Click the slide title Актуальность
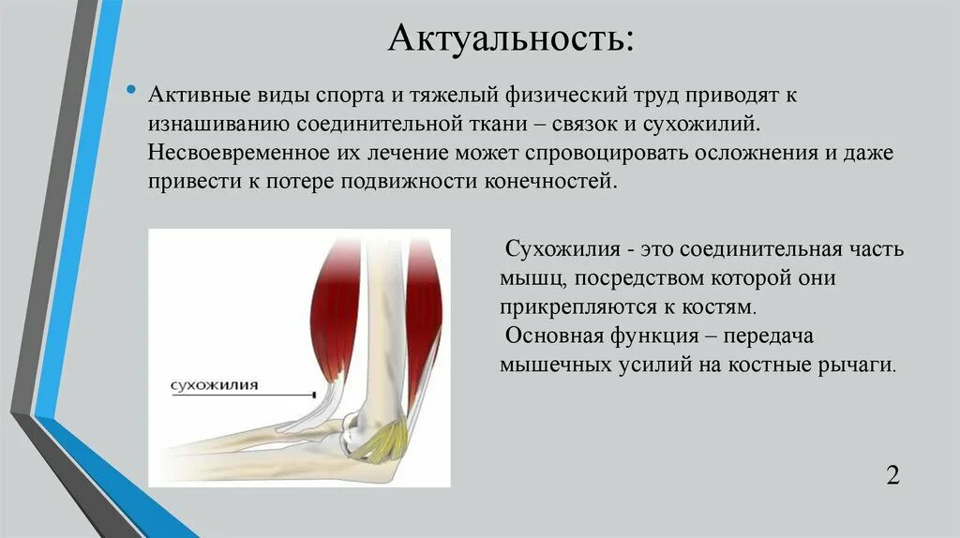(x=510, y=39)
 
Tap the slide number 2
(x=892, y=474)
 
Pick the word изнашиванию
(x=217, y=125)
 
